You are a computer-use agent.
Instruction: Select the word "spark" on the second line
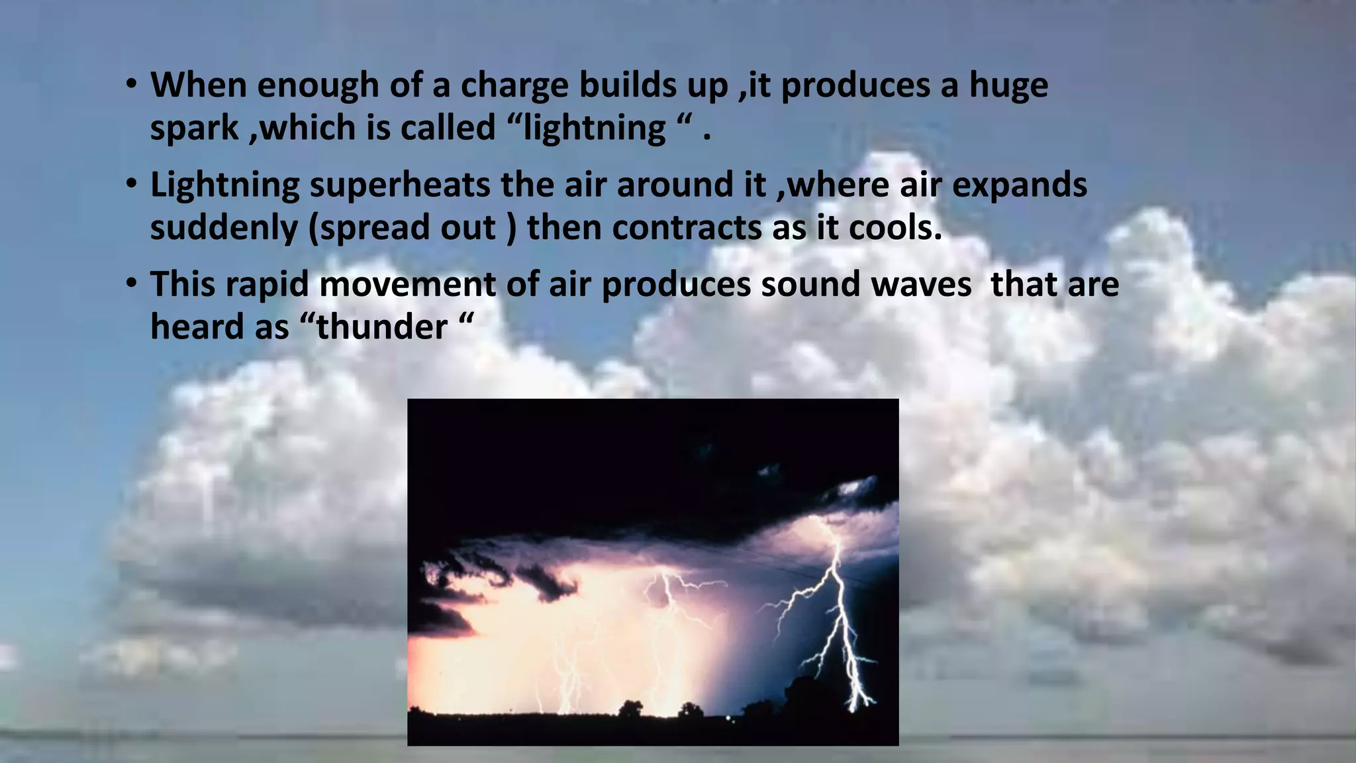(x=194, y=128)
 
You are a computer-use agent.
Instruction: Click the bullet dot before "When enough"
(x=131, y=85)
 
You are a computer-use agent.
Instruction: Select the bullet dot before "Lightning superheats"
(x=131, y=183)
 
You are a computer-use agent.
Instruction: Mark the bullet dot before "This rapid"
(x=131, y=283)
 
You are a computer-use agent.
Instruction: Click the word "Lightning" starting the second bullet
(x=224, y=186)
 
